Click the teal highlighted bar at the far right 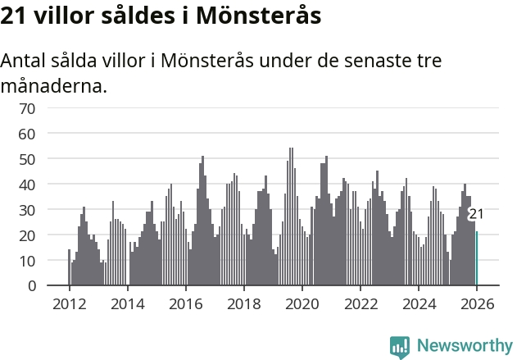click(x=477, y=258)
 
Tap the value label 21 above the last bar click(x=476, y=214)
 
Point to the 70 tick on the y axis click(x=27, y=107)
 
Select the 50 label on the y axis click(x=27, y=158)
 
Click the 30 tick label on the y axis click(x=27, y=209)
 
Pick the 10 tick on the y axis click(x=27, y=260)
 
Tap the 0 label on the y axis click(x=31, y=285)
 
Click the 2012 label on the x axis click(x=69, y=303)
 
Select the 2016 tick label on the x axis click(x=185, y=303)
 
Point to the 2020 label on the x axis click(x=302, y=303)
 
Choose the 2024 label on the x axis click(x=419, y=303)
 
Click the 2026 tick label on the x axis click(x=477, y=303)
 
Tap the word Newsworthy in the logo click(x=465, y=345)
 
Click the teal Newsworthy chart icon click(x=400, y=346)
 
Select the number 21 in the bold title click(x=15, y=16)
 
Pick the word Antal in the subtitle click(x=25, y=61)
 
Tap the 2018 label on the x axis click(x=243, y=303)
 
